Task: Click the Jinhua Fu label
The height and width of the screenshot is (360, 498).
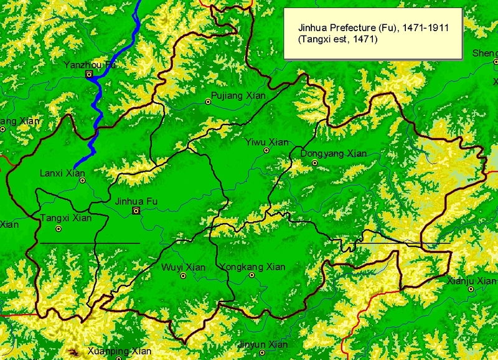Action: (136, 201)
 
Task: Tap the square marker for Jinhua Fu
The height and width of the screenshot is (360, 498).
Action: (136, 211)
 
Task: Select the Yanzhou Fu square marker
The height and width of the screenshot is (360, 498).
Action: (89, 74)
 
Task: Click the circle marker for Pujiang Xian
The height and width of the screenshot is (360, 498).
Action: (209, 102)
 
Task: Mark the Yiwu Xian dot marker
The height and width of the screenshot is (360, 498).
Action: (266, 150)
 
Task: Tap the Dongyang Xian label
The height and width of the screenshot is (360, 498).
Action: (333, 153)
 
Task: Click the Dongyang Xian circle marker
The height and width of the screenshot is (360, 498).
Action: (315, 163)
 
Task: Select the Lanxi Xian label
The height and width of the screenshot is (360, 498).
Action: (62, 173)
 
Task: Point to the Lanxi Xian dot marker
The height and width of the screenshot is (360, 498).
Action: (82, 181)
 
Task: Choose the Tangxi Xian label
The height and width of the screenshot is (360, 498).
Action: (65, 218)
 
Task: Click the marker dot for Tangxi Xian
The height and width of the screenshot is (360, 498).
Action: (59, 229)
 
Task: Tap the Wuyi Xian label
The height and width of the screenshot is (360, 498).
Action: (183, 267)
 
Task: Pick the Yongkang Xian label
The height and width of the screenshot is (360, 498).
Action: (253, 267)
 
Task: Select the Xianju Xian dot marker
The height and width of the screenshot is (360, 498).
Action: (471, 288)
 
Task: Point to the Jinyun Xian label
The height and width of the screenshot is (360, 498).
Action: (263, 344)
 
